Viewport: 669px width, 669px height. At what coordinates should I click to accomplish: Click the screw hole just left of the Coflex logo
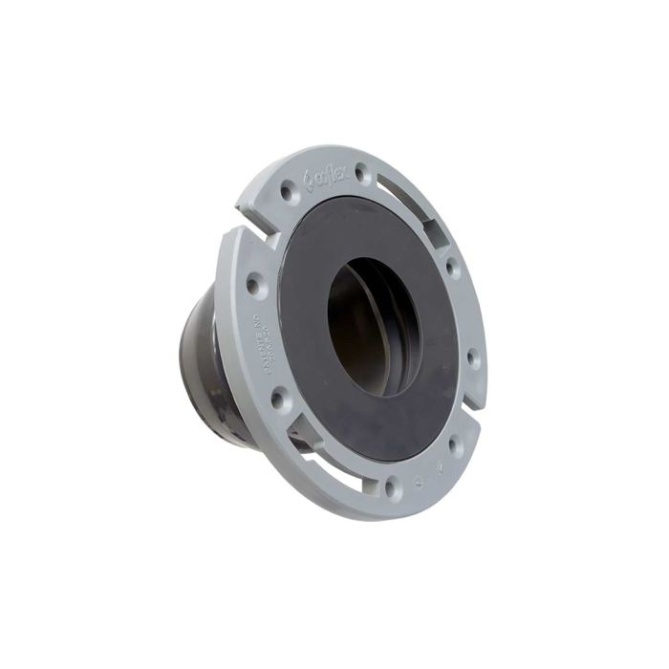coord(286,192)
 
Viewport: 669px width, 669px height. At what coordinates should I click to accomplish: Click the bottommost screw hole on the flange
coord(389,489)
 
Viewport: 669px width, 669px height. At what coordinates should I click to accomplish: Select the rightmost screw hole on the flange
coord(471,359)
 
